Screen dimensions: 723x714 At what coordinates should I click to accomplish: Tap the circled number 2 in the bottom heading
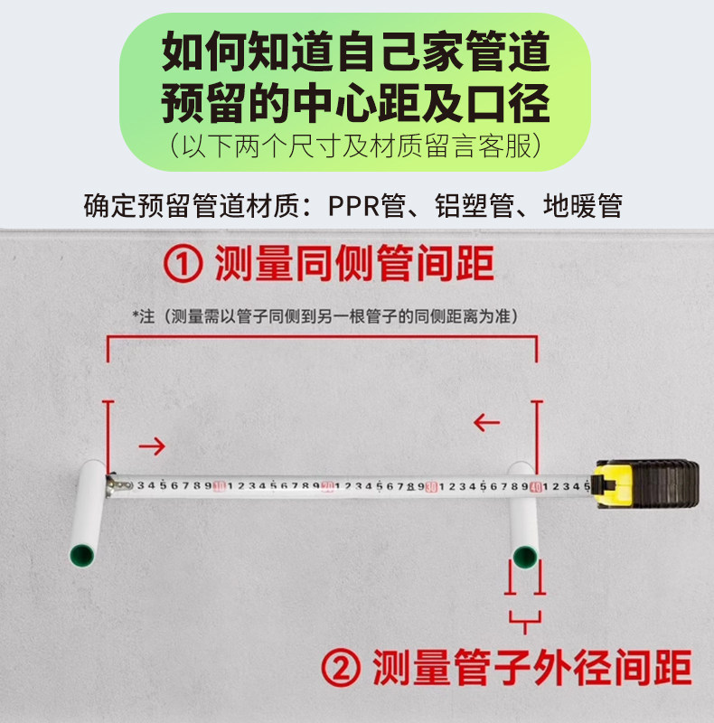click(343, 671)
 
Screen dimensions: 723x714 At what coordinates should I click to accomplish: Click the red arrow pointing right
click(153, 446)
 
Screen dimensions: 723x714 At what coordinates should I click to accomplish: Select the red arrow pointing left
click(487, 421)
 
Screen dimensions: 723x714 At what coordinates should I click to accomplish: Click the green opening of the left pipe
click(80, 553)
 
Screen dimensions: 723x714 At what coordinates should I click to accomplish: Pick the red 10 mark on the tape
click(219, 486)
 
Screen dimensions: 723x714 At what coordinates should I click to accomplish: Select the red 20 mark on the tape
click(327, 486)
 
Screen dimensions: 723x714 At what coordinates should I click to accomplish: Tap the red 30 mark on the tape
click(432, 486)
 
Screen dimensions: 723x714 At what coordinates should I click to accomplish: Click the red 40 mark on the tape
click(537, 486)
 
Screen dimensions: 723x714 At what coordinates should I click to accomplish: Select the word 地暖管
click(582, 205)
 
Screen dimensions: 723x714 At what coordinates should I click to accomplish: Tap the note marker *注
click(145, 315)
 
